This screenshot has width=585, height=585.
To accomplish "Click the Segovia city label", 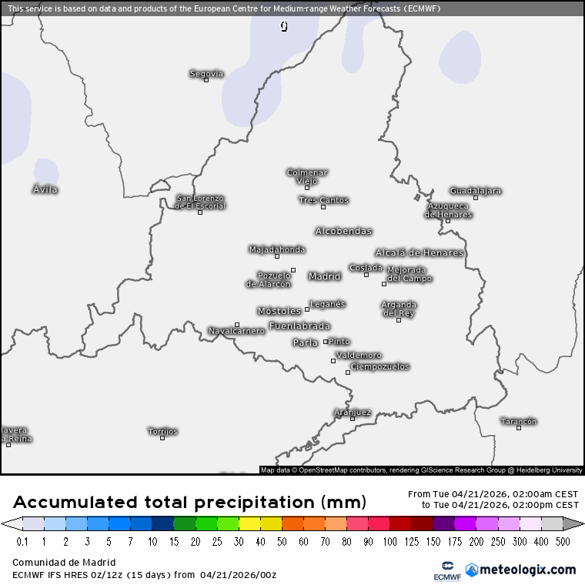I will [206, 74].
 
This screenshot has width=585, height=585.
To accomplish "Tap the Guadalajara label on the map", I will [476, 190].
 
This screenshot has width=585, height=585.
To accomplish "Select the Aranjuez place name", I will [353, 412].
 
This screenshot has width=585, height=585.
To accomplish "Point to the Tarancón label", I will [518, 421].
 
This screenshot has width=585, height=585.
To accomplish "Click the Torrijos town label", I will [162, 431].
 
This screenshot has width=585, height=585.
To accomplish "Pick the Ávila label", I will [45, 189].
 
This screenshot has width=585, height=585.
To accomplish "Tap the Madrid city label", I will [324, 276].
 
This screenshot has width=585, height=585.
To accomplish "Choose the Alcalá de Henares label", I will [420, 252].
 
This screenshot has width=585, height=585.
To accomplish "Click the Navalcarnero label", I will [236, 331].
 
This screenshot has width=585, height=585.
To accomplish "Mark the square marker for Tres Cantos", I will [323, 207].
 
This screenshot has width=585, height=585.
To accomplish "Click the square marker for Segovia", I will [206, 80].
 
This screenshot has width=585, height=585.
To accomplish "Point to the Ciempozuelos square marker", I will [348, 373].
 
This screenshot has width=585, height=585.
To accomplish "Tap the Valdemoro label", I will [359, 355].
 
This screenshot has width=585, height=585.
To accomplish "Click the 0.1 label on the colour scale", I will [22, 542].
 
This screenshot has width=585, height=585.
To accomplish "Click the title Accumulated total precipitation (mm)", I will [189, 503].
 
